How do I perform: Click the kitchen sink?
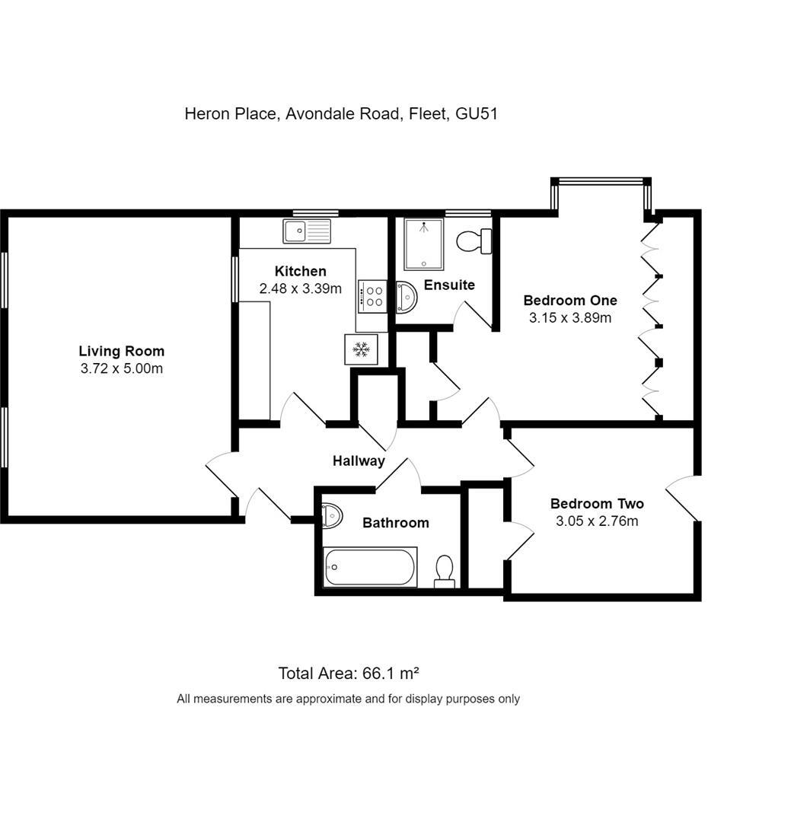pos(307,231)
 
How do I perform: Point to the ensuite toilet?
pos(475,241)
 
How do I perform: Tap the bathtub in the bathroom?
pos(370,567)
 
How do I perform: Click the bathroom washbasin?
pos(333,516)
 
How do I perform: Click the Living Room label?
pos(122,351)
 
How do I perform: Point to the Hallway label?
pos(359,460)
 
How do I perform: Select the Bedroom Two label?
pos(597,504)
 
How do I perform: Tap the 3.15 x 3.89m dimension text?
pos(570,318)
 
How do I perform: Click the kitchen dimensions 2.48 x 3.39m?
pos(300,288)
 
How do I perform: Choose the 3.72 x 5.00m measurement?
pos(122,369)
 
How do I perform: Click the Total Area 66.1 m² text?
pos(349,673)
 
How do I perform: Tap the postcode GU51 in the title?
pos(477,114)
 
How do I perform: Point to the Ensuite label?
pos(449,285)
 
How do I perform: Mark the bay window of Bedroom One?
pos(601,182)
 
